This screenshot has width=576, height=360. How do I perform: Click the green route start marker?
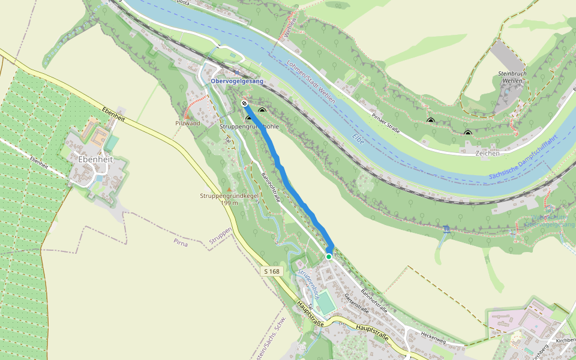(329, 257)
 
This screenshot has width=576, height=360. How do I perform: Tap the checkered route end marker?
(244, 104)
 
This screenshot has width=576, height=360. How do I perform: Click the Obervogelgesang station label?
(237, 81)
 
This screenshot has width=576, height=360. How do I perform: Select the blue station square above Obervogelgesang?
(236, 71)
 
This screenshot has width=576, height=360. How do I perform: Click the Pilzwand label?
(187, 123)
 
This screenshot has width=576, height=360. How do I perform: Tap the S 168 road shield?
(272, 271)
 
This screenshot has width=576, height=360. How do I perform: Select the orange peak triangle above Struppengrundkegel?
(228, 189)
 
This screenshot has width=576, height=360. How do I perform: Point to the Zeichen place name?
(487, 154)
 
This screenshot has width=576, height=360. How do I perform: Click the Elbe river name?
(358, 140)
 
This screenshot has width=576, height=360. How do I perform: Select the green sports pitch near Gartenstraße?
(325, 302)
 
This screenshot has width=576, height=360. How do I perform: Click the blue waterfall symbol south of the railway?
(447, 229)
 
